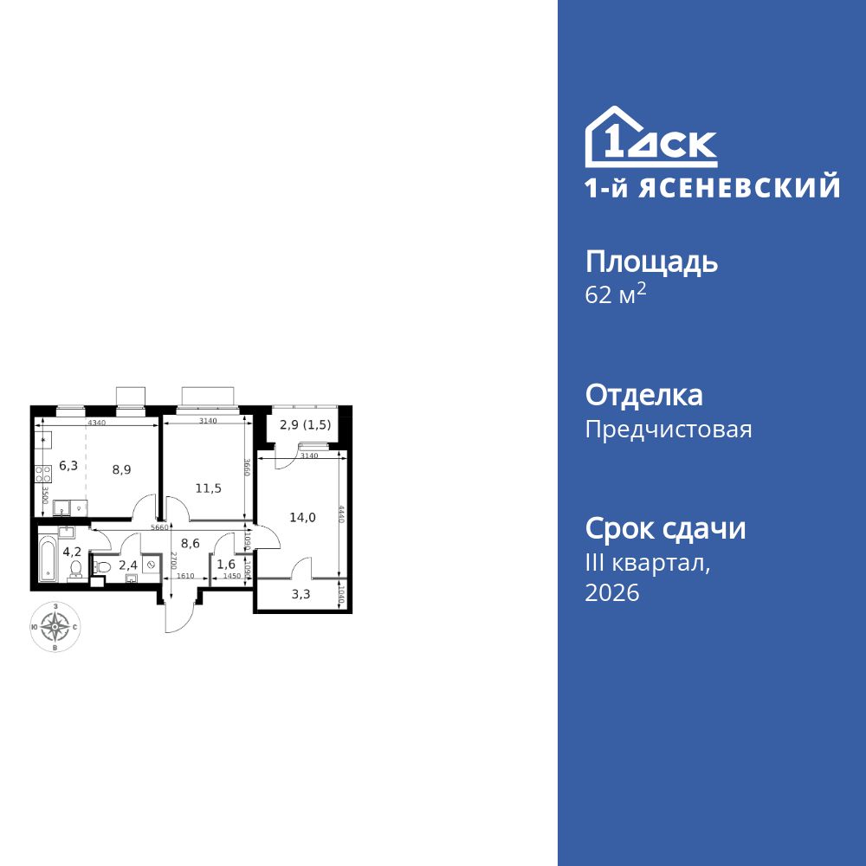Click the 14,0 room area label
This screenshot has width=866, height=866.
302,518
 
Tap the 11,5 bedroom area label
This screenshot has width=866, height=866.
208,488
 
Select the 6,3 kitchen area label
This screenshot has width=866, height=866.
68,466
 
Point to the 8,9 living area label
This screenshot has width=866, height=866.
121,470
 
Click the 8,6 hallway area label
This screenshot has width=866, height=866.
191,543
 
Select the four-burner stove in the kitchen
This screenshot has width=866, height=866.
43,474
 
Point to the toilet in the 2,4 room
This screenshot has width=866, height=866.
100,566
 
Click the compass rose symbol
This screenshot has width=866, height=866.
56,625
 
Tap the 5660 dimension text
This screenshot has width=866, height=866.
158,526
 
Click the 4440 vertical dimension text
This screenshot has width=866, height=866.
342,516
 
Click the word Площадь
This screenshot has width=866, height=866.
651,262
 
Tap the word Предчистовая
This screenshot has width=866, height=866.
669,430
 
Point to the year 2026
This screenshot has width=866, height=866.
612,593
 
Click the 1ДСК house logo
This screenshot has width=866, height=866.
651,139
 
